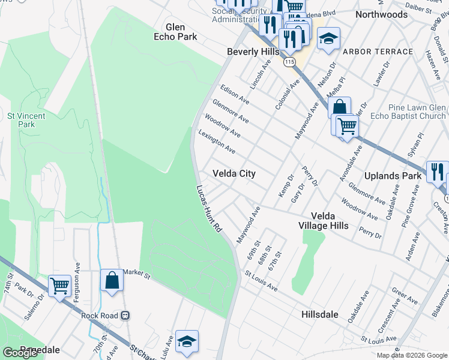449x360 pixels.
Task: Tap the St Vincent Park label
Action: tap(21, 120)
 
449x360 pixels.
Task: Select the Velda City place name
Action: tap(234, 173)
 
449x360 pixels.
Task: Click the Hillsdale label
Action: tap(319, 314)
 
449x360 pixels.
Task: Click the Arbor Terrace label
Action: tap(378, 52)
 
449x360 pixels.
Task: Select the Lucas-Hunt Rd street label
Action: tap(209, 208)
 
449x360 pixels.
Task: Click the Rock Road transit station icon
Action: tap(125, 315)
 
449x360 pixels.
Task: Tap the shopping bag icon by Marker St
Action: tap(112, 280)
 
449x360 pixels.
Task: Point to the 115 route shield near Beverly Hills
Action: tap(291, 62)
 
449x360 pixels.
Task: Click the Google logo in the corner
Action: tap(20, 353)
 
